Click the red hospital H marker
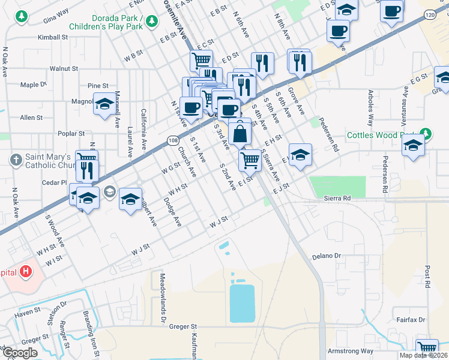click(26, 272)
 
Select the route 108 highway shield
click(172, 140)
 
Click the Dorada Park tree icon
click(152, 22)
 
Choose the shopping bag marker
click(240, 133)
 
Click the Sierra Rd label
click(337, 197)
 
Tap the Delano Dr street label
click(326, 256)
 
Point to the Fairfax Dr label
click(411, 320)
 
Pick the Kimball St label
click(53, 37)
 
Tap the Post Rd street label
click(427, 277)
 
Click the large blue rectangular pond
click(242, 303)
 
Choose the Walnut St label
click(64, 69)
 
